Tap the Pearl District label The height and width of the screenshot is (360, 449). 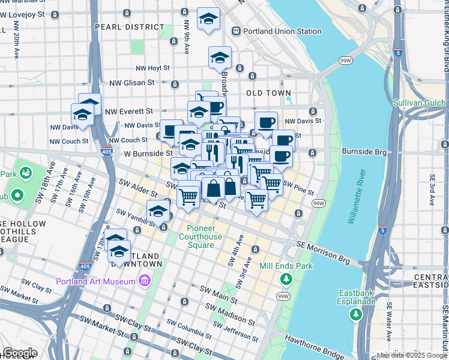(129, 27)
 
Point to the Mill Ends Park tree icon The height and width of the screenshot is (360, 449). (286, 278)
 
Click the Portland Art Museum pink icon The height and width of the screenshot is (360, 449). (144, 281)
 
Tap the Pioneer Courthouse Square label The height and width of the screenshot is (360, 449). (200, 233)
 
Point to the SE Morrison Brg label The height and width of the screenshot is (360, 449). (324, 248)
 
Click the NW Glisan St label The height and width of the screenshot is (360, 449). (131, 83)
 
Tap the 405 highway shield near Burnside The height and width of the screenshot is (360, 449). (107, 151)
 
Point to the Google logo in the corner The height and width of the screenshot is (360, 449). (20, 353)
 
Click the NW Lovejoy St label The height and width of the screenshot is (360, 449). (25, 14)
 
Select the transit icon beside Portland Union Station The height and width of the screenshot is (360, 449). (237, 31)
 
